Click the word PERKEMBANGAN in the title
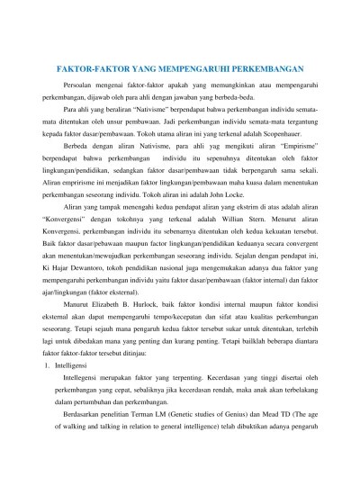pyautogui.click(x=261, y=67)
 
